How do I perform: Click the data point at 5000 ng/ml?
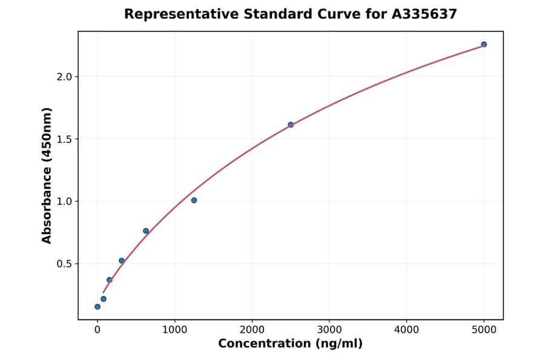pos(484,44)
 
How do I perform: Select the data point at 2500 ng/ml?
pos(291,125)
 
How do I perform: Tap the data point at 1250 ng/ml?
pos(194,200)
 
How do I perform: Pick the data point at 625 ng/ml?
pos(146,231)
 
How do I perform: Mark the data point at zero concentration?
pos(97,307)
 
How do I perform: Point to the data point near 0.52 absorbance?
pos(122,261)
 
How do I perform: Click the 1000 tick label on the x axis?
pos(174,330)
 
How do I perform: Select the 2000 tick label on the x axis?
pos(252,330)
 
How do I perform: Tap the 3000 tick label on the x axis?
pos(329,330)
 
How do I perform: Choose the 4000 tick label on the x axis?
pos(406,330)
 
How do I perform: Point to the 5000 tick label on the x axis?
pos(484,330)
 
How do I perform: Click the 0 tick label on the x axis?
pos(97,330)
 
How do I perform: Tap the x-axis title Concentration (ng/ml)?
pos(291,344)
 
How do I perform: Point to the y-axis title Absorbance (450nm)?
pos(47,176)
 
